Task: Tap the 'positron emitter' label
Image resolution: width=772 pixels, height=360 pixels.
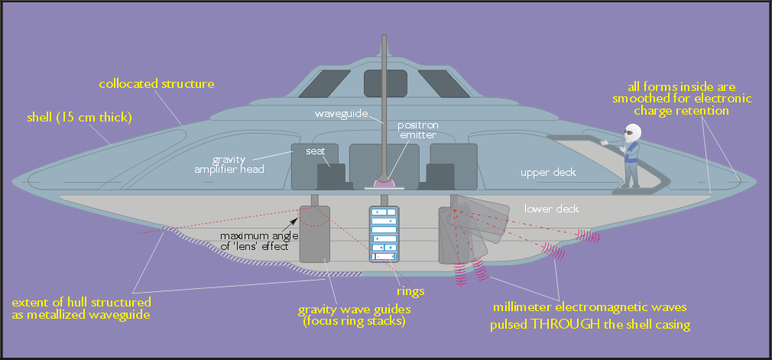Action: pos(417,129)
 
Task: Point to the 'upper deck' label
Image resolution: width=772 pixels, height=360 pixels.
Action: pos(547,173)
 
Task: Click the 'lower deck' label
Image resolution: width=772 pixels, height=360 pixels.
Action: pos(551,208)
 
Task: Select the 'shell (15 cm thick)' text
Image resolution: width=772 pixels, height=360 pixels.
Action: pos(79,118)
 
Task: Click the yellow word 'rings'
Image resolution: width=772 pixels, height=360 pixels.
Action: pos(410,290)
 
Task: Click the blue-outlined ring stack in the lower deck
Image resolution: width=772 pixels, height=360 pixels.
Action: pos(384,234)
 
